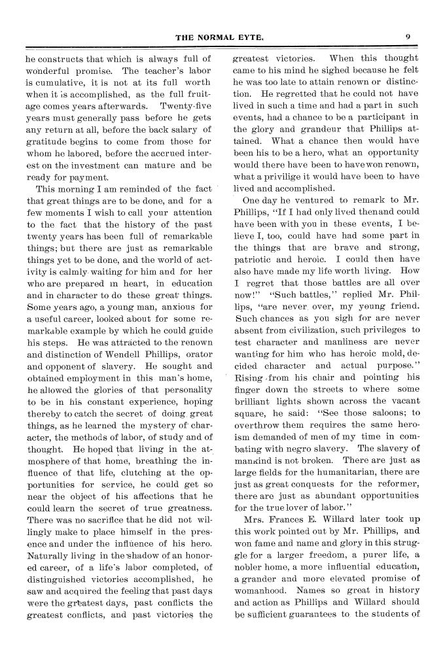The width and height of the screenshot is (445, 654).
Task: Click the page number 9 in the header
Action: click(x=407, y=37)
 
